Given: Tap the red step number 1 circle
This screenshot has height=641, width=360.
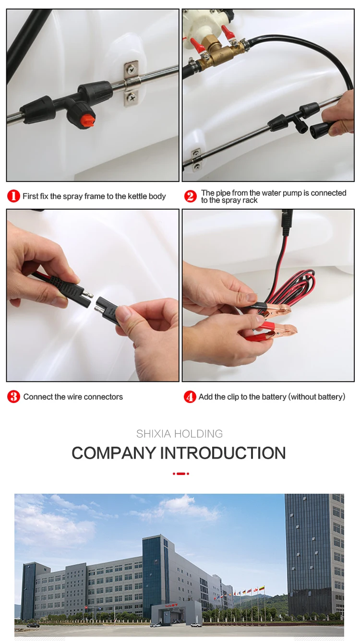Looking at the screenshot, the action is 13,196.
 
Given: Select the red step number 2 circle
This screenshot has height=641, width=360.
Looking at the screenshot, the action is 190,196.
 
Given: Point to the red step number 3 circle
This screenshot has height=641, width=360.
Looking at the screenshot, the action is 13,397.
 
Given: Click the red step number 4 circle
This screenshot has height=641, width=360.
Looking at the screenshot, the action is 190,397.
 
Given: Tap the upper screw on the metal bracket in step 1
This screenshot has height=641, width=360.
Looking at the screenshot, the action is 131,69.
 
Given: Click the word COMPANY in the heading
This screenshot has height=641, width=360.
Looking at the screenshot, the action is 114,453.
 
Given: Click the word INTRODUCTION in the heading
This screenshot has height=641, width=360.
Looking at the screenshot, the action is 223,453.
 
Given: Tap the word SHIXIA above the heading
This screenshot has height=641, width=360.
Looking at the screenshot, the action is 154,434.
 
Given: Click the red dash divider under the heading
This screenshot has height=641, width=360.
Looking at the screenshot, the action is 180,474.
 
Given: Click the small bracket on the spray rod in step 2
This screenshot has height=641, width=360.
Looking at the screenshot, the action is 196,158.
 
